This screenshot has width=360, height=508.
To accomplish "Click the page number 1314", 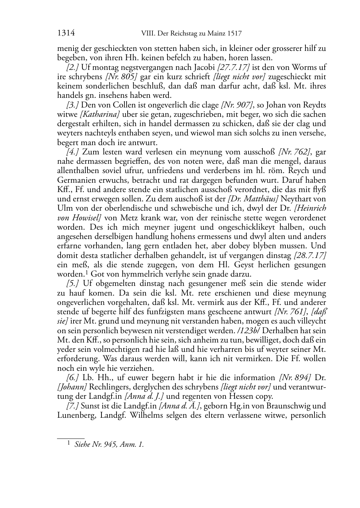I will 66,34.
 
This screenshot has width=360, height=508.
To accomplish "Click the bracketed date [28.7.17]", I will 309,255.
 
